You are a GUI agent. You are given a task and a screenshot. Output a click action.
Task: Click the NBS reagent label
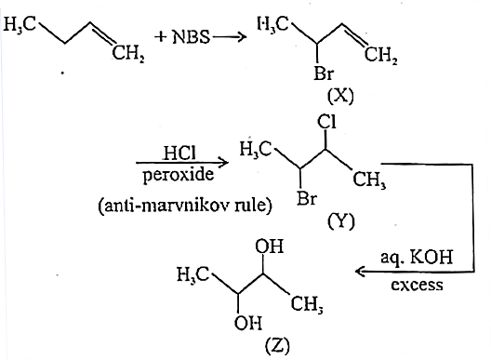(191, 36)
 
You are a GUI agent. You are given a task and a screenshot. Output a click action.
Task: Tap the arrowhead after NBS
(241, 37)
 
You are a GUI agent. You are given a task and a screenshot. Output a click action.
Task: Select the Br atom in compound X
(324, 73)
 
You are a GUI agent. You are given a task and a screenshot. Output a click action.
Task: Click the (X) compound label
(340, 96)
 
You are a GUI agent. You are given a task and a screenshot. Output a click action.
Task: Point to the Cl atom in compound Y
(326, 122)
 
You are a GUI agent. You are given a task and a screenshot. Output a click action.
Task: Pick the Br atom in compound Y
(307, 198)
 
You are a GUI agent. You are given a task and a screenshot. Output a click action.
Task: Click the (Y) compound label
(341, 220)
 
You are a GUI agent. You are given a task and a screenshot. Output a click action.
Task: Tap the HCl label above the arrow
(179, 153)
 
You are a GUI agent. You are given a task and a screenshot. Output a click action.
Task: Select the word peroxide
(179, 174)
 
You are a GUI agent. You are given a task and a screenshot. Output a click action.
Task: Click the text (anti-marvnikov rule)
(185, 206)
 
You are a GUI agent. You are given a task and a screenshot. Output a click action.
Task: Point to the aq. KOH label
(417, 259)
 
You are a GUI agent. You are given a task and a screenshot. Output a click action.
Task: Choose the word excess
(418, 285)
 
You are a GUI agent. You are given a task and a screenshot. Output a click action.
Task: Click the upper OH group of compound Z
(270, 246)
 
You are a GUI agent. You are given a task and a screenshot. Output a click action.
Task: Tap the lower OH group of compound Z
(247, 323)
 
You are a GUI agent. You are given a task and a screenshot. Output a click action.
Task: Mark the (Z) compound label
(277, 346)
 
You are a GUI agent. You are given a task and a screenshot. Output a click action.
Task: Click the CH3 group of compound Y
(369, 180)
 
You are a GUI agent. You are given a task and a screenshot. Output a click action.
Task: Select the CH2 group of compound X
(380, 56)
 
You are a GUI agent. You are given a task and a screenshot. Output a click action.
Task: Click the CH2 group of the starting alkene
(128, 54)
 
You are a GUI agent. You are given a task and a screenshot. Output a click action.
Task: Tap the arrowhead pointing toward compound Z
(361, 271)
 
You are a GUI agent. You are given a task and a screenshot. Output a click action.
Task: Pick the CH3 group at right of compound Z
(307, 304)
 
